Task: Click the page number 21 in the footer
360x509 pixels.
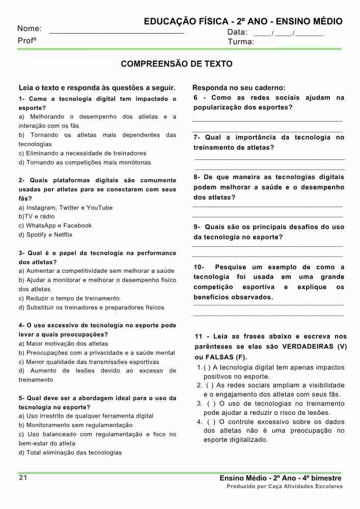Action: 22,478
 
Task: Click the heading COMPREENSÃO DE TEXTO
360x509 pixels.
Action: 177,64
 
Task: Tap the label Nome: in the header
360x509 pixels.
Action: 30,29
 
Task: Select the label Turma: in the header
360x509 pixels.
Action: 241,42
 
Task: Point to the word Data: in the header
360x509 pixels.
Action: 237,32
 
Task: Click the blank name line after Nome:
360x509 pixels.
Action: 117,32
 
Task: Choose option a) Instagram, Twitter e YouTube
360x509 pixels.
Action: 66,208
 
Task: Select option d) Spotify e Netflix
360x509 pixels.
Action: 46,235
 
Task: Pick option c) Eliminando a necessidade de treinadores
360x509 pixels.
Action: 82,153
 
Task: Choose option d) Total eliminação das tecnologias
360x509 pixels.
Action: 70,453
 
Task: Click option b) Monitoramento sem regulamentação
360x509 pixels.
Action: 75,425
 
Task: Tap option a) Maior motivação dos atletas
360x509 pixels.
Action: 63,344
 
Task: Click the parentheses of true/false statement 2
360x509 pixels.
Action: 210,385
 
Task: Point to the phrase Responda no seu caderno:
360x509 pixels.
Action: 239,88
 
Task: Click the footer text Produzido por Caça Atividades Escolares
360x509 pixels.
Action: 285,487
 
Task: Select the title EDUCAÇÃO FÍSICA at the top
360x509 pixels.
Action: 185,21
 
